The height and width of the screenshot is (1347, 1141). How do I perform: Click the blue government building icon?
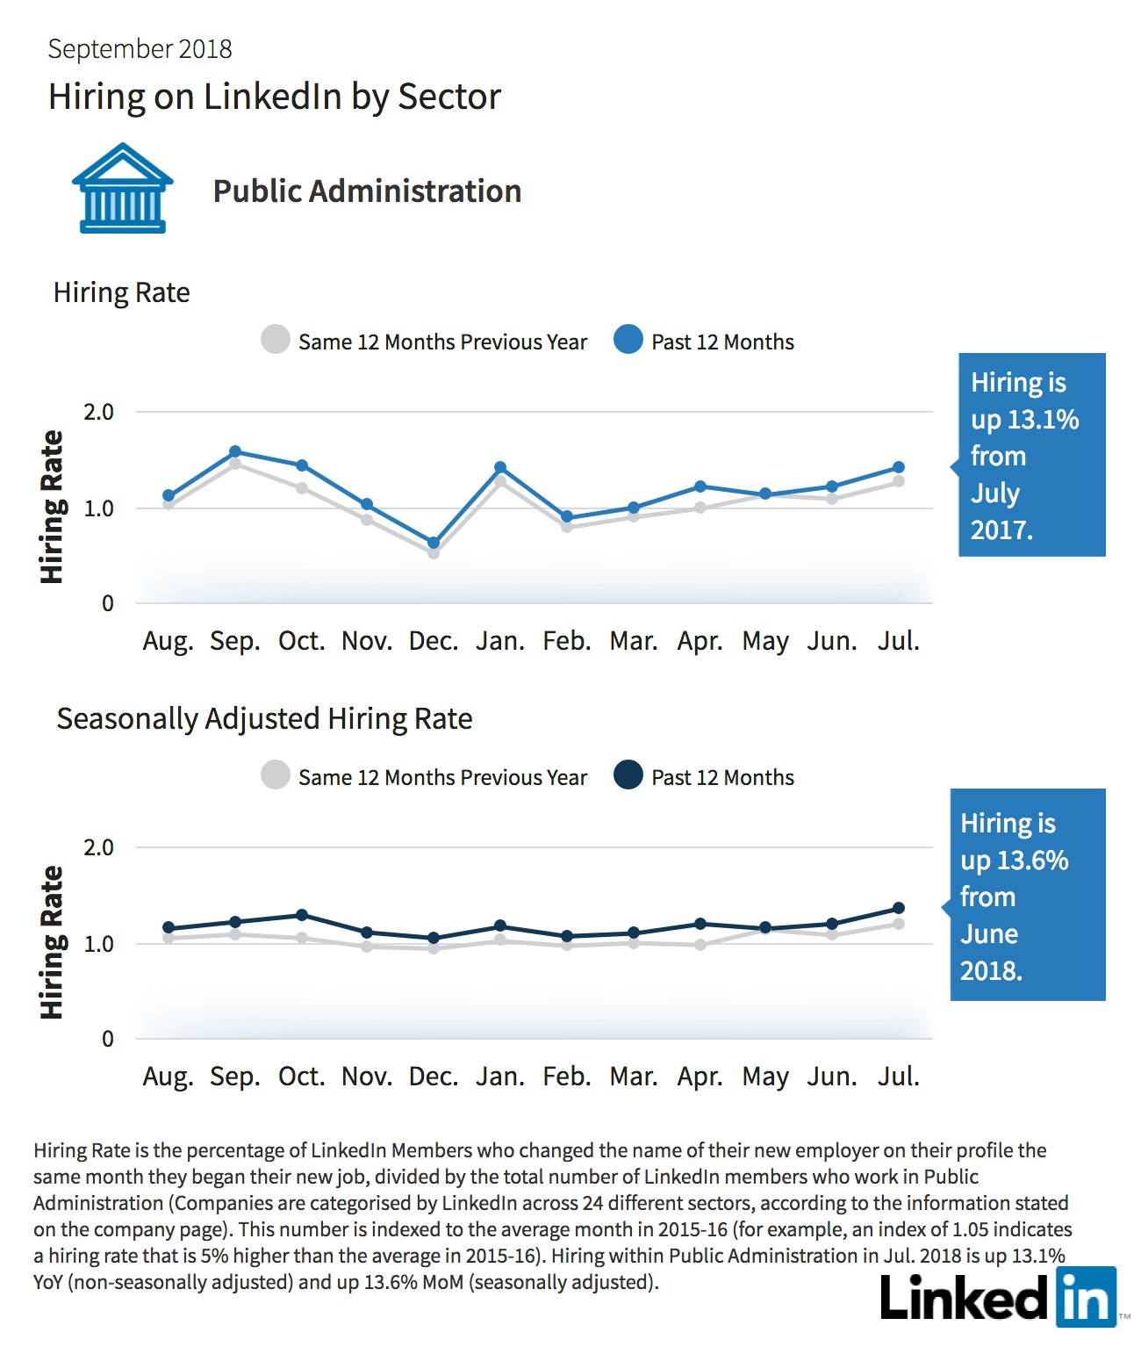click(122, 188)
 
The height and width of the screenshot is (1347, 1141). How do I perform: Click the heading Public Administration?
click(367, 191)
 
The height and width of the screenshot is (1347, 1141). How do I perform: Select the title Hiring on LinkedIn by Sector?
click(274, 97)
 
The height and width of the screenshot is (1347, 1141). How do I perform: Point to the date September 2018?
click(140, 49)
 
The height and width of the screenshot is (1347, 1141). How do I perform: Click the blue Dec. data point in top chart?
click(433, 543)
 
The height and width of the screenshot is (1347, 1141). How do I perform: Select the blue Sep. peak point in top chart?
click(235, 451)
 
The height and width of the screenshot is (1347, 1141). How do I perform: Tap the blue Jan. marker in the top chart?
click(500, 467)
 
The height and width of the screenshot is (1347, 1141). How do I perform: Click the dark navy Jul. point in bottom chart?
click(899, 908)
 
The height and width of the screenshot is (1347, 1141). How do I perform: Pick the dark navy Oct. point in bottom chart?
click(302, 915)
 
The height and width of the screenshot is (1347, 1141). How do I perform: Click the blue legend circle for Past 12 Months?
click(628, 340)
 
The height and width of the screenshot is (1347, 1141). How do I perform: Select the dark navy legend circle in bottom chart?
click(628, 774)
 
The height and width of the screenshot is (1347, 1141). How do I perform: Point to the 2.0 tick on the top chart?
click(98, 412)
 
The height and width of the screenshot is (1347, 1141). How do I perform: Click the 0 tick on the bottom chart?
click(107, 1039)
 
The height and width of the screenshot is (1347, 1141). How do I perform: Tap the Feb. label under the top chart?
click(567, 641)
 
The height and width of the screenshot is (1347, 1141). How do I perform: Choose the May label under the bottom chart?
click(765, 1077)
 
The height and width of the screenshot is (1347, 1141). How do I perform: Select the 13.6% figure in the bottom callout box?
click(1032, 861)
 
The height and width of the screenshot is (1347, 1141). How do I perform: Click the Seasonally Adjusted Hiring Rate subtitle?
click(264, 719)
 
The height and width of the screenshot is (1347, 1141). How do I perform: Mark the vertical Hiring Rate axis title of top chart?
click(52, 507)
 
